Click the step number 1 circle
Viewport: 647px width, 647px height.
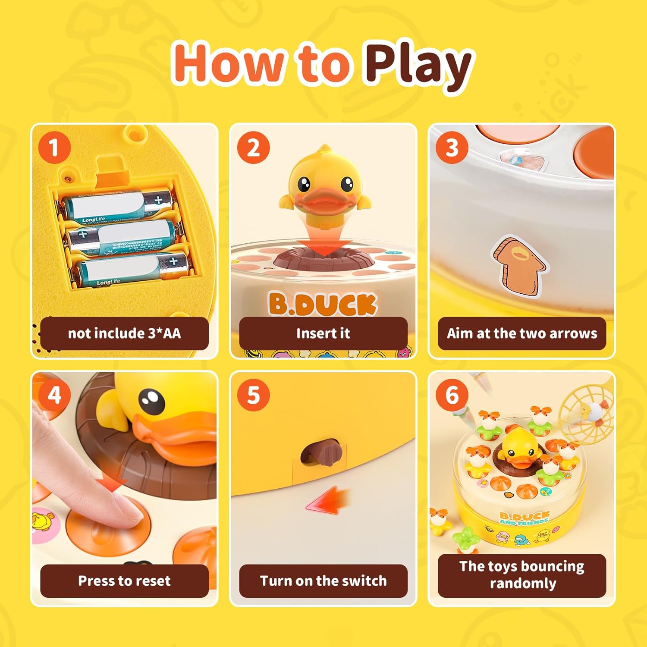tap(54, 148)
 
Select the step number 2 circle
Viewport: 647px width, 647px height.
tap(253, 148)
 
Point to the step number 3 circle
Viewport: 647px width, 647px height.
tap(452, 148)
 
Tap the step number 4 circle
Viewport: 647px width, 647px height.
tap(54, 395)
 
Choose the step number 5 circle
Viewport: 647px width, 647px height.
tap(253, 395)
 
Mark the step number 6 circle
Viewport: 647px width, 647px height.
tap(452, 395)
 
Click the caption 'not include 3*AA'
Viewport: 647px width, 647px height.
tap(124, 333)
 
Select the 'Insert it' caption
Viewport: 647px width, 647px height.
tap(323, 333)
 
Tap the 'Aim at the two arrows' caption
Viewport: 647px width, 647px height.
tap(522, 333)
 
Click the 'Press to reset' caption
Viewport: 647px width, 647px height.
tap(124, 581)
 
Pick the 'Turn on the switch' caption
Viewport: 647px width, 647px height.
tap(323, 581)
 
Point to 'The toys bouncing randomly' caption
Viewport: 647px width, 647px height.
tap(522, 575)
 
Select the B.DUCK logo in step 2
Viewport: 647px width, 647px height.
tap(323, 304)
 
